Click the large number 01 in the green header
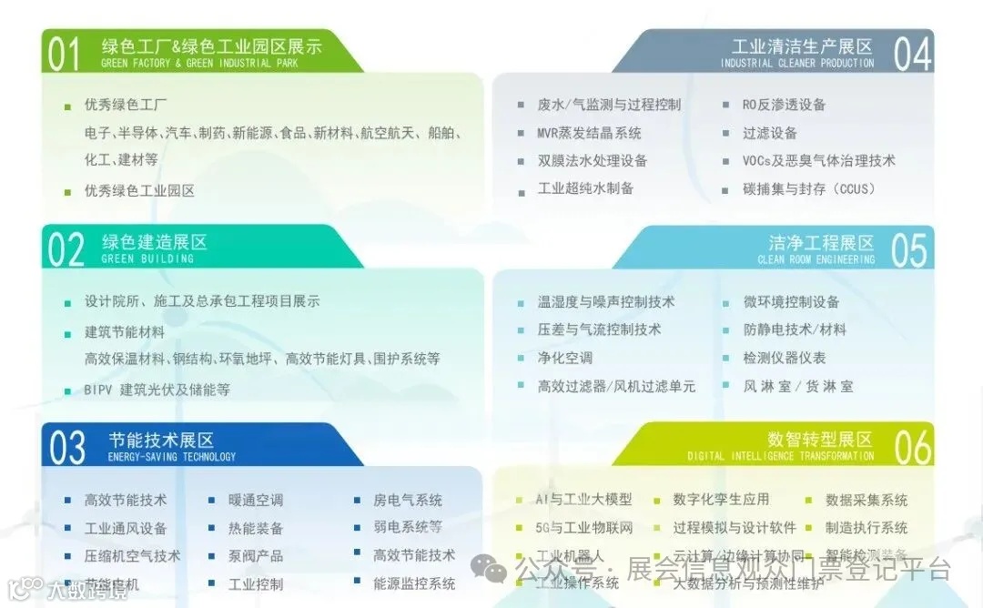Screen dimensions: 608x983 (x=64, y=54)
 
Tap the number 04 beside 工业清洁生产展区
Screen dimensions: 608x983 (x=912, y=54)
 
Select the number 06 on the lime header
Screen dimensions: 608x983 (x=912, y=447)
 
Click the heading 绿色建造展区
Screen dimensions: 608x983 (x=154, y=242)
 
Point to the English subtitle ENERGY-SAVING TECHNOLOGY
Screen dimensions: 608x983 (x=171, y=457)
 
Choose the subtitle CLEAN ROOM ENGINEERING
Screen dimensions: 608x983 (x=816, y=259)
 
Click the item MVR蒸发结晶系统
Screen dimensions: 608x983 (x=589, y=133)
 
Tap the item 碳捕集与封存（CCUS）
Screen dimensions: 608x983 (x=808, y=189)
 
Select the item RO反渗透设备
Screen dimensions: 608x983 (x=784, y=105)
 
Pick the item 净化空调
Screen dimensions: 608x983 (x=564, y=358)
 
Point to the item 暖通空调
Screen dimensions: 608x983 (x=256, y=500)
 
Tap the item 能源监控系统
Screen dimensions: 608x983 (x=414, y=583)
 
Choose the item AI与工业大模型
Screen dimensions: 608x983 (x=583, y=500)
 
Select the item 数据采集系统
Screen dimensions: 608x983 (x=866, y=500)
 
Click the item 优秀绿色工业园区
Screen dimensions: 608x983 (x=139, y=191)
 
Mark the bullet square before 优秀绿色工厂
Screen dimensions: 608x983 (x=67, y=106)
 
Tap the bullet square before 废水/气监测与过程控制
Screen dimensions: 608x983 (x=520, y=106)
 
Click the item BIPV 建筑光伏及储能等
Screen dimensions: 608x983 (x=157, y=390)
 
